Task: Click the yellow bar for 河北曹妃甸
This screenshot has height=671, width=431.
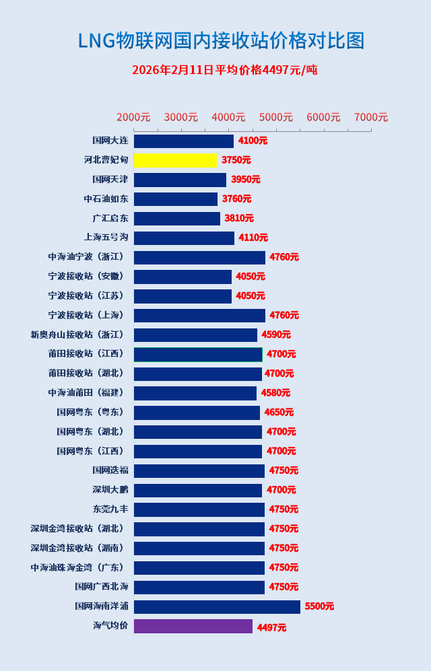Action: pos(175,160)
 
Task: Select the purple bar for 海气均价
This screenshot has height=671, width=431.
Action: pos(193,627)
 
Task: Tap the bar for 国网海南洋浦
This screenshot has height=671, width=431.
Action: pos(217,607)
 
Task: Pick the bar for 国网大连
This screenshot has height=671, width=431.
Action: pos(183,141)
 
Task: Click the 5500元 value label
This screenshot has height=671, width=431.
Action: pos(319,606)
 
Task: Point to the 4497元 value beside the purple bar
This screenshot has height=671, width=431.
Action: pos(271,627)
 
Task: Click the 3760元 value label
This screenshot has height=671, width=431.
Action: pos(236,199)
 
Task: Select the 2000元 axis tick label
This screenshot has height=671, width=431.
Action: pos(133,117)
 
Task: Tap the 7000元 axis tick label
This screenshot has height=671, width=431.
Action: pos(371,117)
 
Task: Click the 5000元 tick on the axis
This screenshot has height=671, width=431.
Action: pos(276,117)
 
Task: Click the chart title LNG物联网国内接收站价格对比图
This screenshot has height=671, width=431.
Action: pos(221,41)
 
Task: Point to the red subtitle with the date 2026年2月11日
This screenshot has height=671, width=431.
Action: pos(224,70)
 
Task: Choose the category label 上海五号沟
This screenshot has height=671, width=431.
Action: pos(106,238)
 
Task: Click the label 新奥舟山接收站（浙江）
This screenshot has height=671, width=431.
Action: pos(77,334)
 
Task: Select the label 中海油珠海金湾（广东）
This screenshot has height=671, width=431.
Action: pos(77,567)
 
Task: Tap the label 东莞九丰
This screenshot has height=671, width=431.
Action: pos(110,509)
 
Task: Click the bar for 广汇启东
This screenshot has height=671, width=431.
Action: pos(176,219)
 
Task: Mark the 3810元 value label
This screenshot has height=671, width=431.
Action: pos(239,219)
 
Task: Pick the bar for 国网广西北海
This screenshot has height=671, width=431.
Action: pos(199,588)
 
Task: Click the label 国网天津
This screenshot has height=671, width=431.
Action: pos(110,180)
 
